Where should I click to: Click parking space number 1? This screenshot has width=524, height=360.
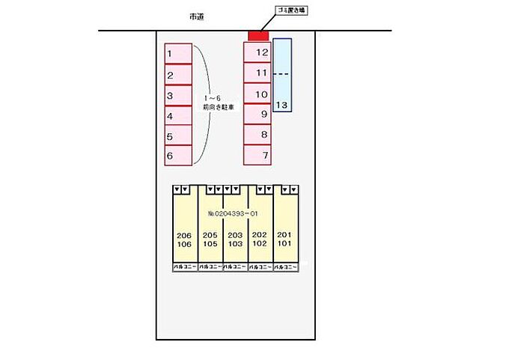tap(178, 54)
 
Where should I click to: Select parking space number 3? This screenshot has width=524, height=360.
tap(178, 95)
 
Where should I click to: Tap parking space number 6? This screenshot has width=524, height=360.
tap(178, 156)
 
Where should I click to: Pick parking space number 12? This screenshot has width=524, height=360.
tap(257, 52)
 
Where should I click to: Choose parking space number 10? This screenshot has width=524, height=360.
tap(257, 94)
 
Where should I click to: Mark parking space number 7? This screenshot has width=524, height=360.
tap(257, 156)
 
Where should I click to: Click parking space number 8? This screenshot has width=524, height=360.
tap(257, 135)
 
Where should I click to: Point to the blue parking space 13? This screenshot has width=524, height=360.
tap(282, 75)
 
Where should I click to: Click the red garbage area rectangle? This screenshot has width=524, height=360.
tap(258, 36)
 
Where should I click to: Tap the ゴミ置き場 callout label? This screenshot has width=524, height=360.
tap(292, 10)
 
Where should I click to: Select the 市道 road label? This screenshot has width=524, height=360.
tap(198, 16)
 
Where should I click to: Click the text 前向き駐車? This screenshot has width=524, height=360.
tap(219, 108)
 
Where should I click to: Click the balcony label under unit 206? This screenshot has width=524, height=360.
tap(184, 266)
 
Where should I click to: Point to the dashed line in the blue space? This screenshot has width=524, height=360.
tap(281, 74)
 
